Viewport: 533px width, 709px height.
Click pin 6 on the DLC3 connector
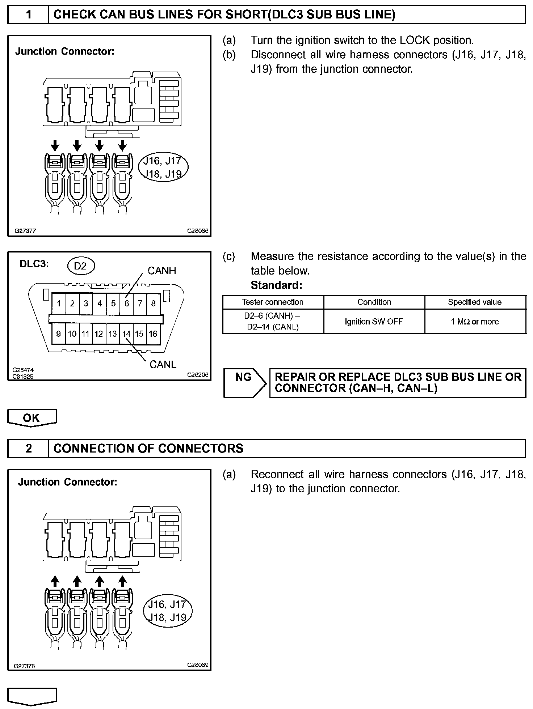coord(127,303)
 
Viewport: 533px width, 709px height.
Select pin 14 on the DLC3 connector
coord(126,334)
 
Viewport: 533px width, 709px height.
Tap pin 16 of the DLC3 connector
coord(153,334)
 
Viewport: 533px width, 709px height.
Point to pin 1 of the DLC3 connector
coord(59,303)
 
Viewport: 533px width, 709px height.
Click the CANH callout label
coord(161,271)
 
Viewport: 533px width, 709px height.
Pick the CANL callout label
coord(163,364)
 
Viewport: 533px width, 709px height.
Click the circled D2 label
coord(80,266)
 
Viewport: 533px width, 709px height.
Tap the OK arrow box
coord(32,418)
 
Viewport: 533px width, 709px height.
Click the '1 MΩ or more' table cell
coord(475,322)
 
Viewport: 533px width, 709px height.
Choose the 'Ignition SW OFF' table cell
coord(374,322)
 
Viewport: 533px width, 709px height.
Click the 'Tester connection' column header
coord(273,302)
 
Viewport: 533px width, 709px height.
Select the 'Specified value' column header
coord(475,302)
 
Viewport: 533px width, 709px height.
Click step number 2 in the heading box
coord(29,449)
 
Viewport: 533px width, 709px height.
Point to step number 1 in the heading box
coord(29,14)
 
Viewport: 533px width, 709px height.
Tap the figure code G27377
coord(25,231)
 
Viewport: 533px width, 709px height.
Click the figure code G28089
coord(198,665)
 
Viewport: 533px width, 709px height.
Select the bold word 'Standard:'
coord(276,285)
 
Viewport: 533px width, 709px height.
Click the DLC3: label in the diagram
coord(34,264)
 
